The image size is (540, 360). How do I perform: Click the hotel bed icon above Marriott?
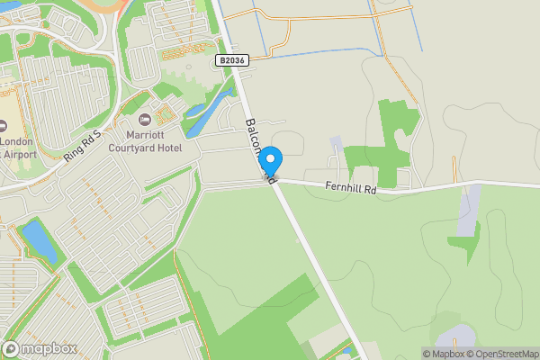click(x=144, y=121)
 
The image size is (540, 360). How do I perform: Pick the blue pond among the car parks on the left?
click(x=39, y=240)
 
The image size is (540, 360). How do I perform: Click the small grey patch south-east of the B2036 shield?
click(x=336, y=144)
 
